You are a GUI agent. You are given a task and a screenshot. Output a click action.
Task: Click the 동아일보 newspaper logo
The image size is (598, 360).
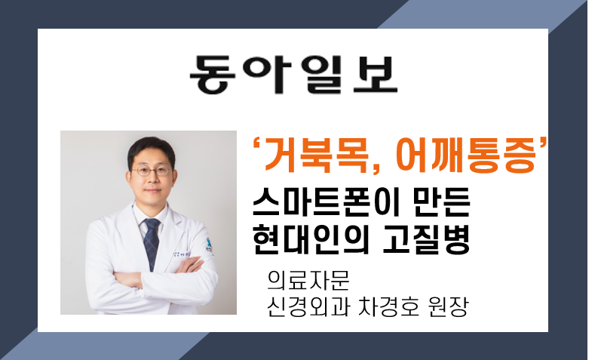pyautogui.click(x=293, y=75)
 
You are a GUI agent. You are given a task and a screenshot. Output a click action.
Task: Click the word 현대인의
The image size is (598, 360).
pyautogui.click(x=311, y=238)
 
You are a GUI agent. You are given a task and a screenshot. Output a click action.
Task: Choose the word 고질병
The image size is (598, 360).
pyautogui.click(x=426, y=238)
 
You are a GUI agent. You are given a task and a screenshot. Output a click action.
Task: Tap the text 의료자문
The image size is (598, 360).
pyautogui.click(x=308, y=281)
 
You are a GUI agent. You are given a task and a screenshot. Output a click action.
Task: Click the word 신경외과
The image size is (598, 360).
pyautogui.click(x=308, y=306)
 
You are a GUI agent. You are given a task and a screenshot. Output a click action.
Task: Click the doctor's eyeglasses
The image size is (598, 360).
pyautogui.click(x=152, y=171)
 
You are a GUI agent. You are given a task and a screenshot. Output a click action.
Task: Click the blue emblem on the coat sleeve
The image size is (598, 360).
pyautogui.click(x=209, y=246)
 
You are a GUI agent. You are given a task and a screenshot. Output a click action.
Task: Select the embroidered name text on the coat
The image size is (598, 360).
pyautogui.click(x=182, y=254)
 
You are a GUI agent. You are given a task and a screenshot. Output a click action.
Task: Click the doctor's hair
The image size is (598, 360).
pyautogui.click(x=152, y=149)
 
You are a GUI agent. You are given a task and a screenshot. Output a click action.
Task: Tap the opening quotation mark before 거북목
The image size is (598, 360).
pyautogui.click(x=256, y=146)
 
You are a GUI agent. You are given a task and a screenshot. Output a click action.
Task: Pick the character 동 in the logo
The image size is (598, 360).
pyautogui.click(x=212, y=75)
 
